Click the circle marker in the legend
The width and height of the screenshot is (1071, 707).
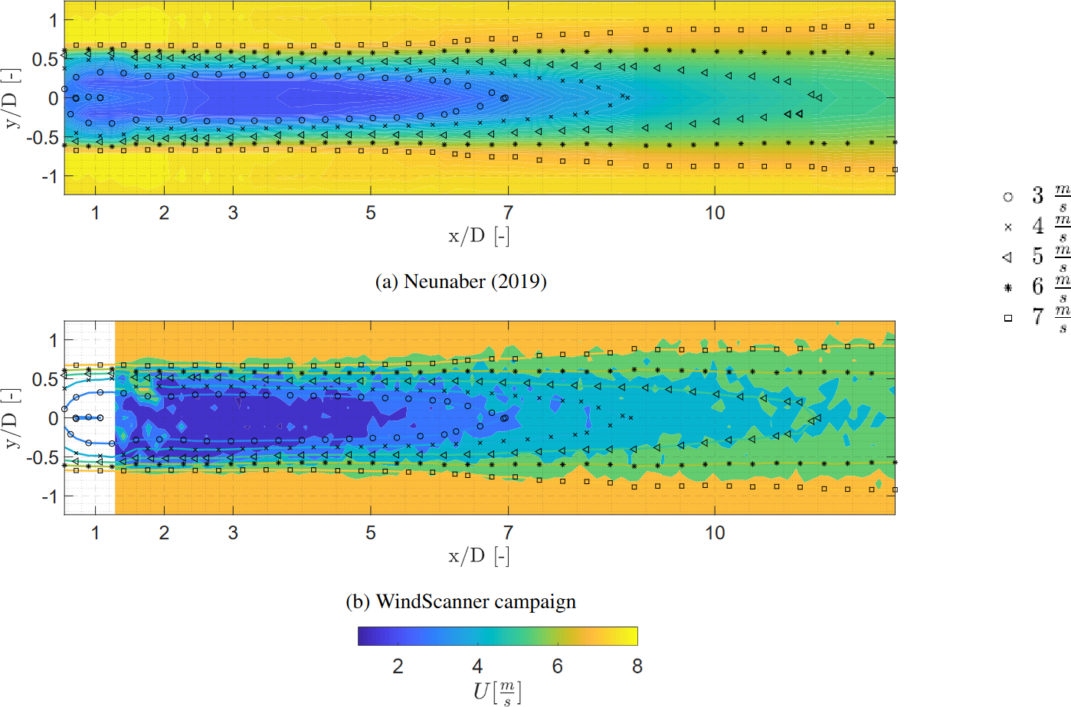1008,197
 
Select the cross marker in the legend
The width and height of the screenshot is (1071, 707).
1008,227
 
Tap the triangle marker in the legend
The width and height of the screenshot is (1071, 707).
1007,257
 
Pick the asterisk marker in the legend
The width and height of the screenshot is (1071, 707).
1008,288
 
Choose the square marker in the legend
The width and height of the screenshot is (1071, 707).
1008,318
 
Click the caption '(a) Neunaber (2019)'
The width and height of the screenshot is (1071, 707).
460,282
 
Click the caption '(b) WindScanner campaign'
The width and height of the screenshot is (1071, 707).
460,602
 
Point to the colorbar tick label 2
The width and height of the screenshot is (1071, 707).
398,666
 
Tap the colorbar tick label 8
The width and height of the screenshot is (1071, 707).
637,666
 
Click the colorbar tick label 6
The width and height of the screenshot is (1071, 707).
557,666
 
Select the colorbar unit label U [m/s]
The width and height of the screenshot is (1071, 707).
496,692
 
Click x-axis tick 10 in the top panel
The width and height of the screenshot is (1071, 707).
715,213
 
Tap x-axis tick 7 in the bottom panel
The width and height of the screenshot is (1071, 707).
508,533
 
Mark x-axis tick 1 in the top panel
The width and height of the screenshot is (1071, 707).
95,213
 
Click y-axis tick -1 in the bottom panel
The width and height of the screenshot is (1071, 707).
48,496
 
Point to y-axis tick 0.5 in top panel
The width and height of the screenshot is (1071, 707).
44,59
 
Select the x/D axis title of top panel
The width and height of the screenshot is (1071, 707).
479,237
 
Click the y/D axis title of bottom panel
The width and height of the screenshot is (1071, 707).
11,418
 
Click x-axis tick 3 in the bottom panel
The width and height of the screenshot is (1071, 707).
233,533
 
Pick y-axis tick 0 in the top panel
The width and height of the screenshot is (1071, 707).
53,98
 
